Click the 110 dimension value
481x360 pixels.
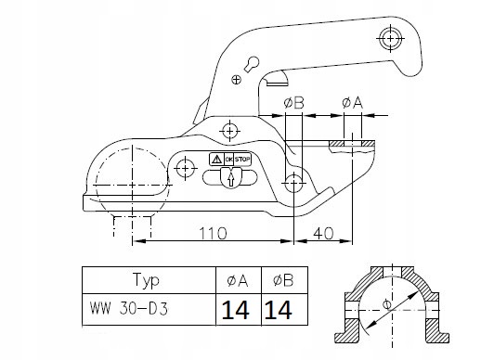[x=213, y=234]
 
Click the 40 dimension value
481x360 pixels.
[x=323, y=234]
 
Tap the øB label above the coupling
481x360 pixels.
[x=293, y=103]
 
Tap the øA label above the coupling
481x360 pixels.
[x=352, y=103]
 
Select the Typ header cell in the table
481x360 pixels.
[x=146, y=280]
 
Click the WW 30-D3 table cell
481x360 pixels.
[x=129, y=309]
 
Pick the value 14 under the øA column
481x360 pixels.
[x=236, y=310]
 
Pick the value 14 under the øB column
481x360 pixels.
[x=278, y=310]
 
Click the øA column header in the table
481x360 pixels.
[x=238, y=281]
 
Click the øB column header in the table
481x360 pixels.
[x=283, y=281]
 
